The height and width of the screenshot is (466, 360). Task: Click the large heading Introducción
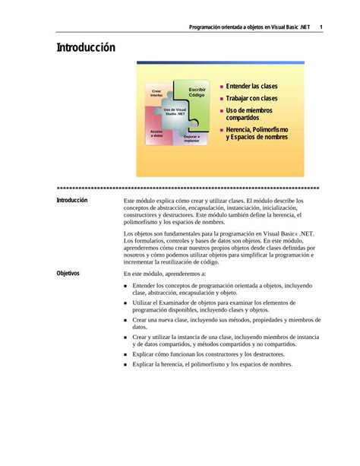click(x=86, y=48)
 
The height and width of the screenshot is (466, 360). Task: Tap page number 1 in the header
click(x=322, y=28)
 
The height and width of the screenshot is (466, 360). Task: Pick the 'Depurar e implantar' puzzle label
click(x=191, y=139)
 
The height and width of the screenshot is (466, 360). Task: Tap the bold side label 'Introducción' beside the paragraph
click(x=72, y=201)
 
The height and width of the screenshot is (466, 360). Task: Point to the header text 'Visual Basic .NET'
click(x=289, y=28)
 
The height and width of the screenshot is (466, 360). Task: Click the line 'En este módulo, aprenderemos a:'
click(x=165, y=273)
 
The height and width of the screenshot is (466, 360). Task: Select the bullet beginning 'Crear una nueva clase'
click(x=216, y=324)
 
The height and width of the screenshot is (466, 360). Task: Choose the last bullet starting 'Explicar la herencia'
click(x=212, y=365)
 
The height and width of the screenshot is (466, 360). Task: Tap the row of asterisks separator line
click(x=188, y=188)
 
